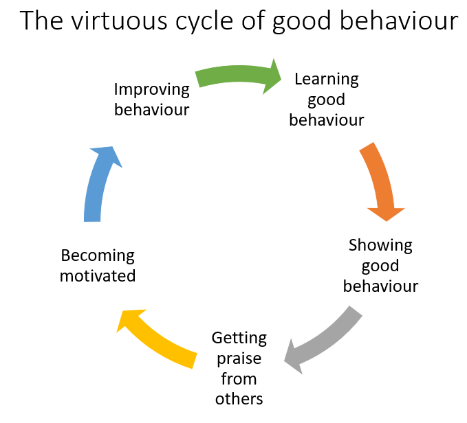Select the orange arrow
click(380, 180)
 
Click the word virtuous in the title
click(113, 22)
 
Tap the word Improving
click(151, 89)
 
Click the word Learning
click(326, 79)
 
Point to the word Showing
click(380, 245)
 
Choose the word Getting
click(239, 338)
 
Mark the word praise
click(239, 358)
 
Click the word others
click(239, 399)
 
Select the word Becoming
click(98, 255)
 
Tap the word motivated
click(98, 276)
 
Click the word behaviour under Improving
click(151, 110)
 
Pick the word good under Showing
click(380, 266)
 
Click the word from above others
click(239, 378)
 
